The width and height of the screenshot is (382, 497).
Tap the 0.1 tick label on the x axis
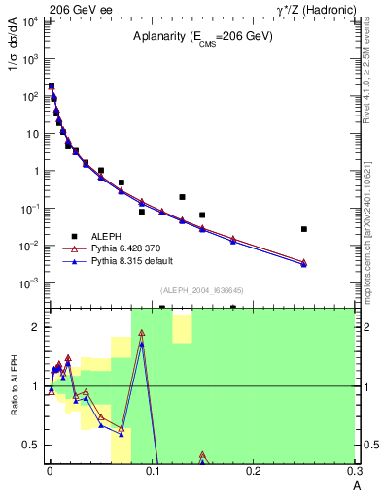point(152,471)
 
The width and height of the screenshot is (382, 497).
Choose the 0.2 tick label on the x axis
point(253,471)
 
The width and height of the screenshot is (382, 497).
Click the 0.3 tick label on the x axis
point(354,471)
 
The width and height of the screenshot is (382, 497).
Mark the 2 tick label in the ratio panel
point(39,327)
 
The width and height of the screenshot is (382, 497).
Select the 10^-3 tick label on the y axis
point(29,283)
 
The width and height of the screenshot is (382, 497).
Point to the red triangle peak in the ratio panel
point(142,334)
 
